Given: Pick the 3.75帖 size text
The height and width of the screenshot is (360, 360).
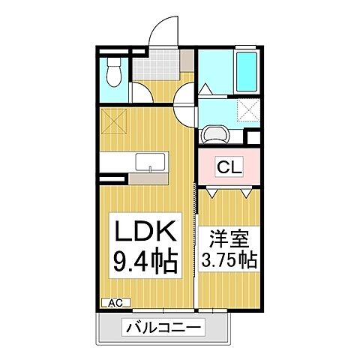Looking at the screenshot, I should pyautogui.click(x=229, y=261).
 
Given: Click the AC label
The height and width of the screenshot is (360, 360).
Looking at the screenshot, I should pyautogui.click(x=115, y=302).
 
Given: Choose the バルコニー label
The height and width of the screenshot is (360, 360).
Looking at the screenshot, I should pyautogui.click(x=164, y=328).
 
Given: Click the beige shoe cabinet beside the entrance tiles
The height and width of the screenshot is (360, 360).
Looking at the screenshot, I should pyautogui.click(x=186, y=66).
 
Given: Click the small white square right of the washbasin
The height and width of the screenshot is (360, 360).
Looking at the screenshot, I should pyautogui.click(x=253, y=138).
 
